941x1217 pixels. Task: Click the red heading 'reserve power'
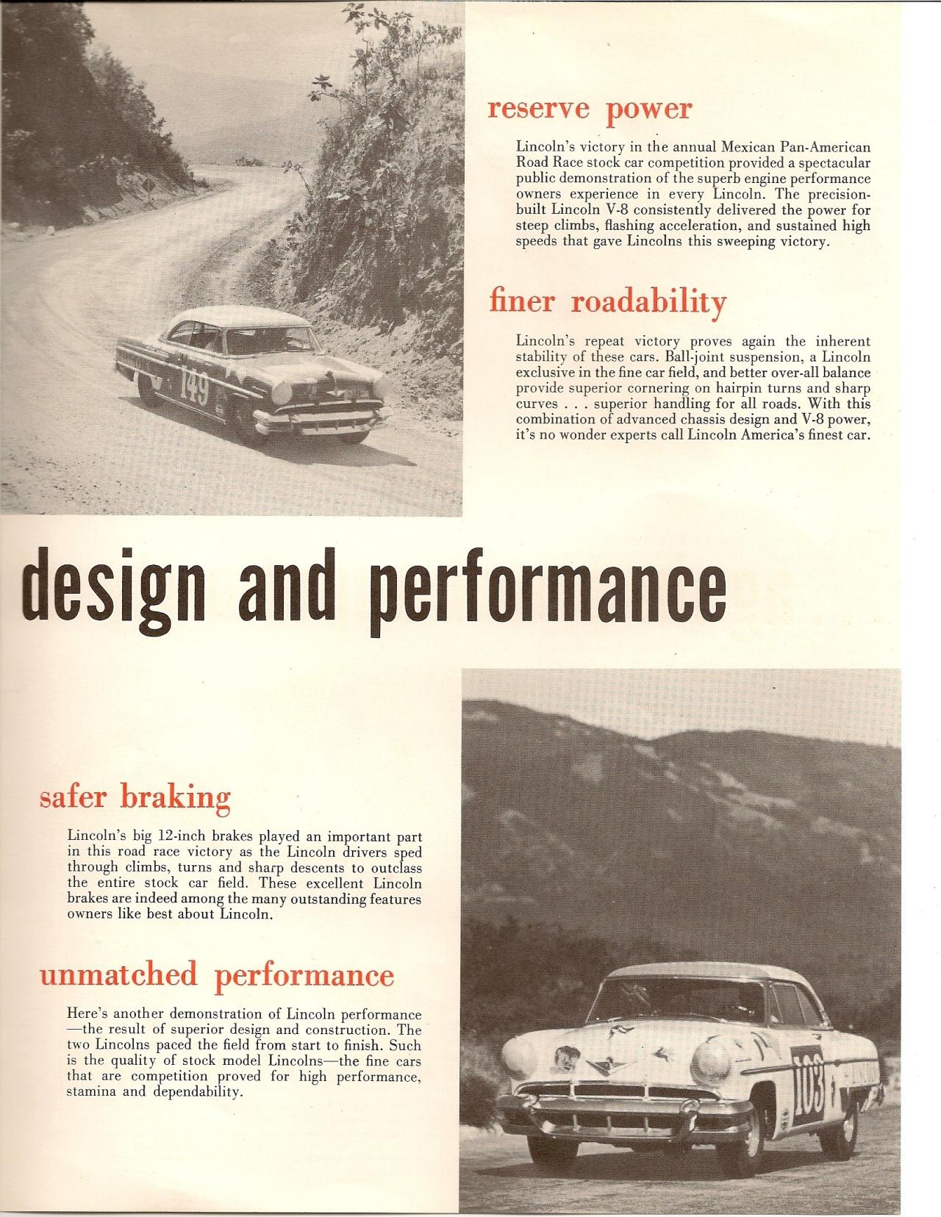590,109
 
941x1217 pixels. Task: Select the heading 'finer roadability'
607,302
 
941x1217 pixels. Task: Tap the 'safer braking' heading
135,797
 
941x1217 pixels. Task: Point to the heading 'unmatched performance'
217,975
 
